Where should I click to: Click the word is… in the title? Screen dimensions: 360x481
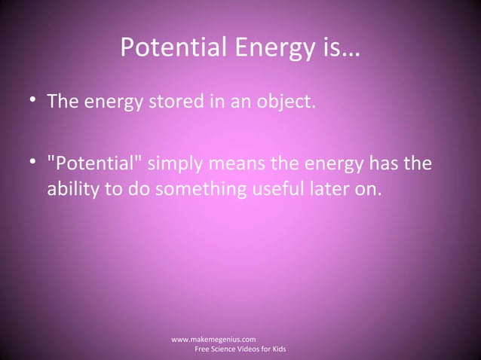(x=339, y=50)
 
